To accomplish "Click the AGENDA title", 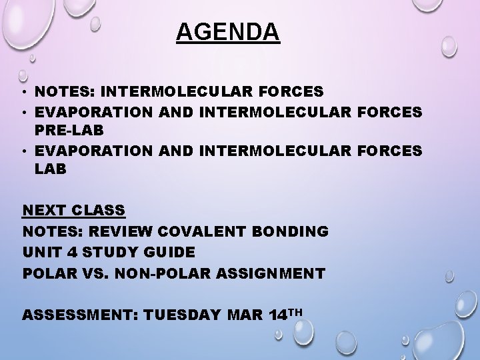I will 228,32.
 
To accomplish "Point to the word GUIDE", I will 171,252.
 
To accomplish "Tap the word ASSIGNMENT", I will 273,273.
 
